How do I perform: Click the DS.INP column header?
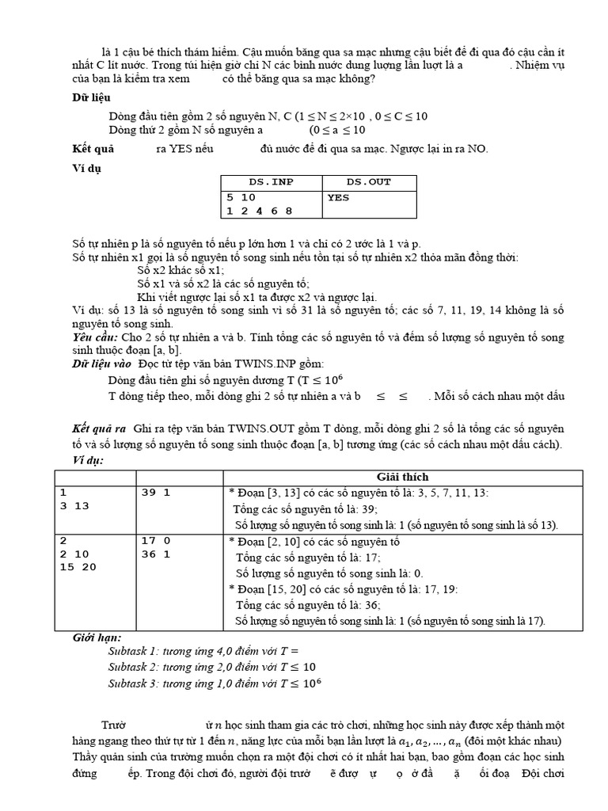coord(271,181)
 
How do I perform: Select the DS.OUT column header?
coord(369,181)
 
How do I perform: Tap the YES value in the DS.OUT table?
coord(338,196)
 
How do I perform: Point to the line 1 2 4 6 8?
coord(259,211)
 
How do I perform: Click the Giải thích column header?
coord(402,477)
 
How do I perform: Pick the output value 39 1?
coord(156,493)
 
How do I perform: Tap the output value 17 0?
coord(156,541)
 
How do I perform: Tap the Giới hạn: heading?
coord(97,637)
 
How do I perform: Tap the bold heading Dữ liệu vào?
coord(101,364)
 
